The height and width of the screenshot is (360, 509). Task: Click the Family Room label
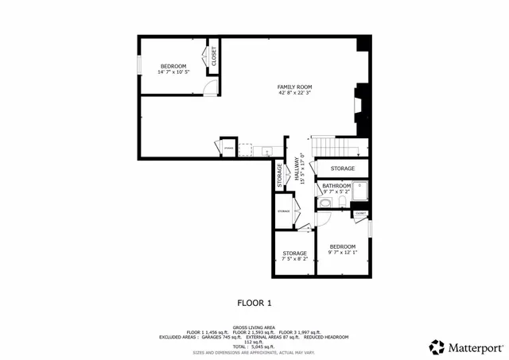pos(294,87)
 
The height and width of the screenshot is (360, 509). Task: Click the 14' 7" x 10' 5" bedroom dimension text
pos(173,72)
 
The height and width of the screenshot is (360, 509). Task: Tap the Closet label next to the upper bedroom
pos(213,55)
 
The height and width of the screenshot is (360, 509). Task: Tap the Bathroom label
pos(336,186)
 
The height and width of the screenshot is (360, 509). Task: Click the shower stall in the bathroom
pos(360,191)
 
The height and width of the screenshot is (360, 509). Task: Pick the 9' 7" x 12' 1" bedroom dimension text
pos(343,253)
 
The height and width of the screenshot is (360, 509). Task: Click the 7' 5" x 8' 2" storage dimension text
pos(294,259)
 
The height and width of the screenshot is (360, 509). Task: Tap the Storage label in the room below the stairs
pos(343,168)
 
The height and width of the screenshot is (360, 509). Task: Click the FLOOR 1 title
pos(254,303)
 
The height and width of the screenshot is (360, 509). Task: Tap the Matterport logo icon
pos(437,346)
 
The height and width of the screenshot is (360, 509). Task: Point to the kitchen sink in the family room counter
pos(266,150)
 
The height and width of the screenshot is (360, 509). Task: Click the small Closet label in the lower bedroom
pos(359,213)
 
